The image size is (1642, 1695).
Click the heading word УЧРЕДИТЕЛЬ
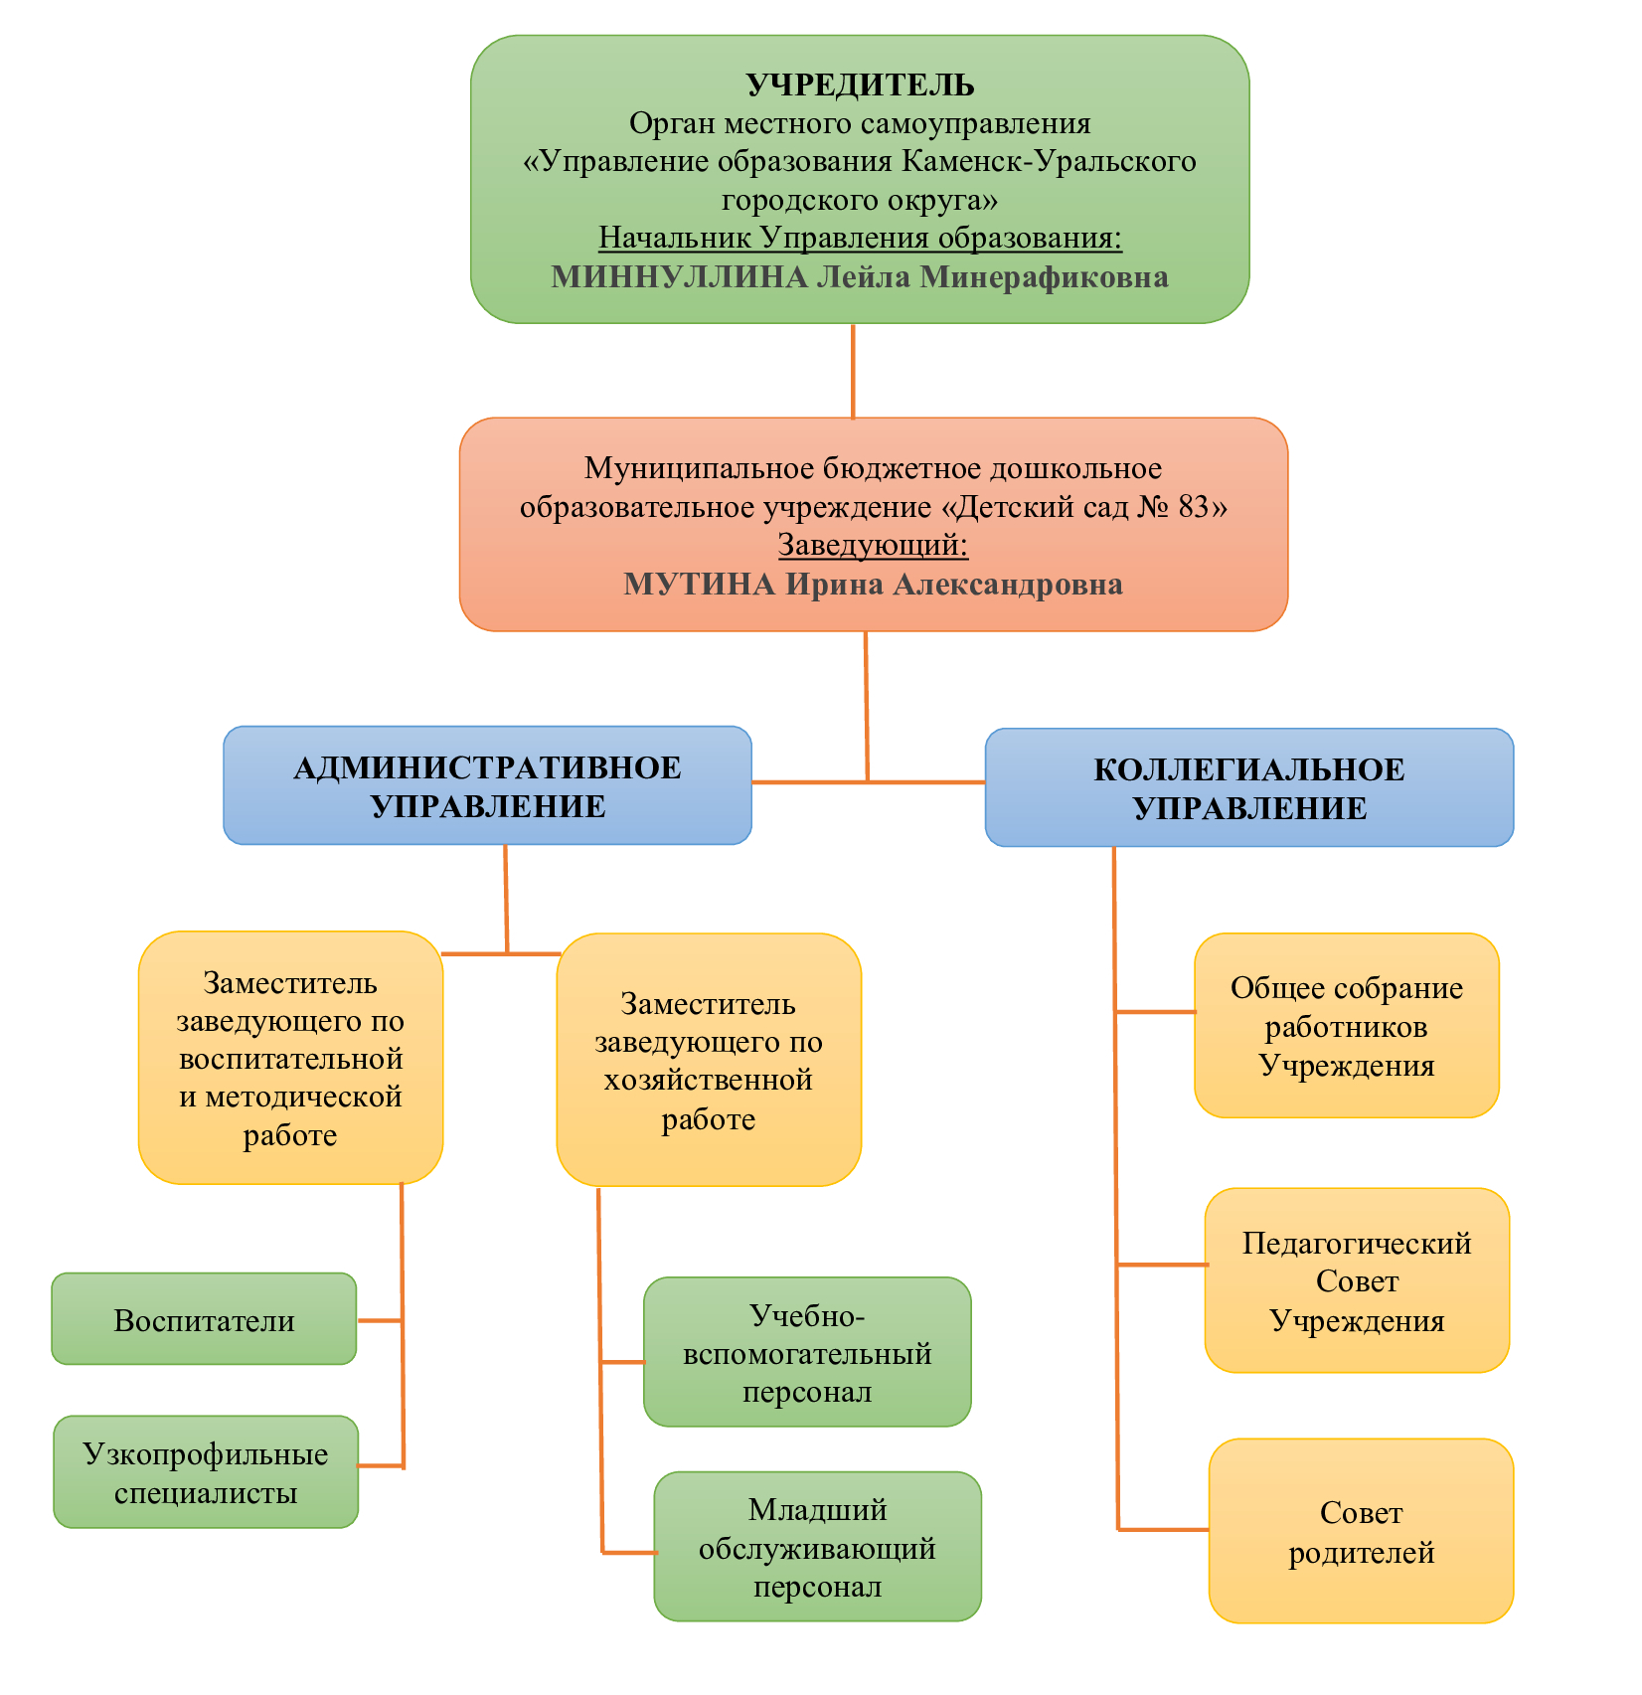point(860,85)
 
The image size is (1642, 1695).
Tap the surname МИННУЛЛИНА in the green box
point(679,276)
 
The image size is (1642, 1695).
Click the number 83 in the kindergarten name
point(1193,507)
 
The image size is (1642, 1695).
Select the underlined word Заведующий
point(872,545)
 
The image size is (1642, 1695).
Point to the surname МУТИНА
point(699,584)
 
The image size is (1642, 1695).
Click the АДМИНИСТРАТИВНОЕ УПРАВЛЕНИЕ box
point(487,785)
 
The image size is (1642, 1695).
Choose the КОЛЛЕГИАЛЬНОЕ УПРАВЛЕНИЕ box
point(1249,787)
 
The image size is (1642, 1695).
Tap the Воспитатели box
point(204,1319)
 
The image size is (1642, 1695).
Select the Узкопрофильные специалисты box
point(206,1472)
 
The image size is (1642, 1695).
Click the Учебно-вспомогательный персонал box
point(807,1352)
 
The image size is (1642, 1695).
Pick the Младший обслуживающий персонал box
point(817,1547)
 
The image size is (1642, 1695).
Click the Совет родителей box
point(1361,1531)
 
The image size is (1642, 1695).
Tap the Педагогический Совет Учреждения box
point(1357,1280)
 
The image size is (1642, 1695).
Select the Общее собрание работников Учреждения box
point(1347,1025)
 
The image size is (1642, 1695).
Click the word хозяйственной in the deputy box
point(708,1080)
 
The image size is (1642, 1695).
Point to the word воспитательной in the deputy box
point(290,1059)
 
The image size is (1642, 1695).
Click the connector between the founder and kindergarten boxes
point(853,370)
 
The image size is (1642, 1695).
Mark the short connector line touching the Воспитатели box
point(379,1320)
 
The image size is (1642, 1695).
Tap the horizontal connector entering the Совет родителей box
point(1163,1529)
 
